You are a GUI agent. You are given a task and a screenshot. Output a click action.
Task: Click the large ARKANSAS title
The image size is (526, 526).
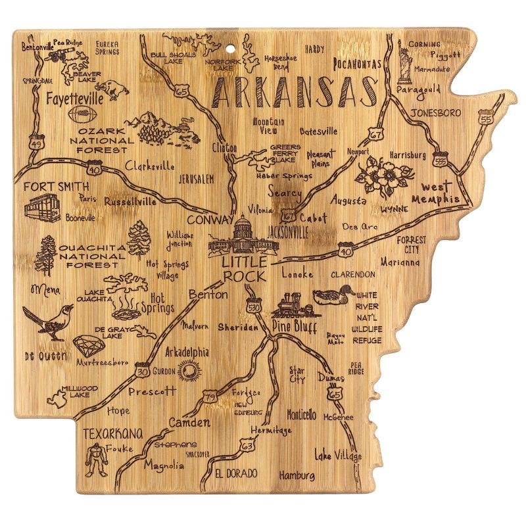[297, 93]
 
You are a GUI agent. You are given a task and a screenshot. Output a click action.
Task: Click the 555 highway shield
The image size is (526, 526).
[439, 160]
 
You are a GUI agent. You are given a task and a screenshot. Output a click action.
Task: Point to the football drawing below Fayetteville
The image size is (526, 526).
[81, 115]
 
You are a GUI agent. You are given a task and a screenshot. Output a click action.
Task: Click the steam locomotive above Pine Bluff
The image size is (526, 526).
[290, 304]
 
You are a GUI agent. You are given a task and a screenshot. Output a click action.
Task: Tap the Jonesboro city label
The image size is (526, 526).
[436, 112]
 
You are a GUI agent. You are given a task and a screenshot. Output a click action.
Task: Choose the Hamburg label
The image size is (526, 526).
[297, 475]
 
